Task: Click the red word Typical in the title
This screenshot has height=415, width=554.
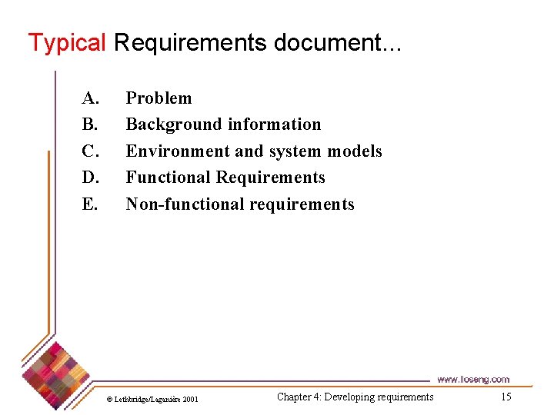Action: (66, 42)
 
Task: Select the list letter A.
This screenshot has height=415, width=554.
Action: (91, 98)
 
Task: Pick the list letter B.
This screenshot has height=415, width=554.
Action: (90, 124)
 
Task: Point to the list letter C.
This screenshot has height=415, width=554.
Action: (90, 151)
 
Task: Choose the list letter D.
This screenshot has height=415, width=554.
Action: (91, 178)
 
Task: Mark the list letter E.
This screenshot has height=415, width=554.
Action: (90, 204)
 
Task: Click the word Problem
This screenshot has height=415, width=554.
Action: (159, 98)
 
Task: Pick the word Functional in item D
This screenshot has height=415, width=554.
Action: (169, 178)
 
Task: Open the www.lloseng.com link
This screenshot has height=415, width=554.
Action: (473, 379)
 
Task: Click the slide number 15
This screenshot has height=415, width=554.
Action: (506, 397)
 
